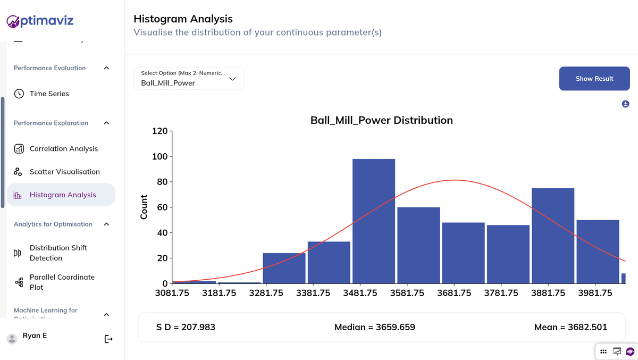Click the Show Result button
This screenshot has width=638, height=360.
click(x=594, y=79)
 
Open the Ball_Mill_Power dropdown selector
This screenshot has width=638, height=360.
click(x=189, y=79)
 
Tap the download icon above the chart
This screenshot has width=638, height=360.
click(x=626, y=104)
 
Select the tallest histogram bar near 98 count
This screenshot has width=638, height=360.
click(x=374, y=221)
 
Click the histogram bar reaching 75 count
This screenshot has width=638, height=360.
click(x=553, y=236)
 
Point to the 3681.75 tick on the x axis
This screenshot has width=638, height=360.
click(x=454, y=293)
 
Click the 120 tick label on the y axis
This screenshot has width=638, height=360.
click(x=159, y=131)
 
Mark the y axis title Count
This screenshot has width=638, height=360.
click(x=144, y=207)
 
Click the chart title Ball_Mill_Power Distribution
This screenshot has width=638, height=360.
click(x=381, y=120)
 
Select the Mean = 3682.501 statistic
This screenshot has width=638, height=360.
click(x=570, y=327)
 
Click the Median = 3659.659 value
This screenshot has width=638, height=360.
click(x=374, y=327)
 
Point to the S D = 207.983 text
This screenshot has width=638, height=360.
click(x=186, y=327)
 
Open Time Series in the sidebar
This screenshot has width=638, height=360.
click(x=49, y=94)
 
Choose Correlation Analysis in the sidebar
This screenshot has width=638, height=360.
click(x=64, y=149)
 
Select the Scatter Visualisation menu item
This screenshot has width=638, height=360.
click(x=65, y=172)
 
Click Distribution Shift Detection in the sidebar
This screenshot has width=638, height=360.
click(x=58, y=253)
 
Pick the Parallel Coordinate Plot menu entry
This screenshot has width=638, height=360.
click(x=62, y=282)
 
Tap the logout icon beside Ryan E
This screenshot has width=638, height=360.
click(x=108, y=339)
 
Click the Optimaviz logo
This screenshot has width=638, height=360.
click(x=40, y=21)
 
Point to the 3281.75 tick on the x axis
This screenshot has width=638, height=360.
click(x=266, y=293)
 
